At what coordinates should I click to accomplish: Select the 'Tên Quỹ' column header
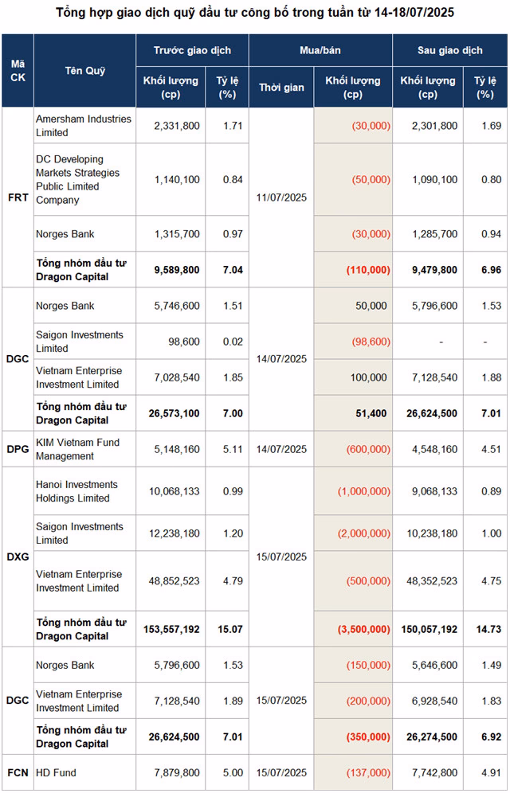(84, 71)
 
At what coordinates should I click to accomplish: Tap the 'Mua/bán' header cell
(320, 50)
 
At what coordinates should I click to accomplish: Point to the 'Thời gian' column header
(281, 88)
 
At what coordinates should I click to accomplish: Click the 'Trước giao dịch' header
(192, 50)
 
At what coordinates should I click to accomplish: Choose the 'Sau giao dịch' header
(449, 50)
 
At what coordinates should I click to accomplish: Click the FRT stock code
(18, 197)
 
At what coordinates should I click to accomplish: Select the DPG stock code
(18, 449)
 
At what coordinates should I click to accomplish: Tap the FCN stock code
(18, 772)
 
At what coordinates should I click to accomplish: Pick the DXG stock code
(18, 557)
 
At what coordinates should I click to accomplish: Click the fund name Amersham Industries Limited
(83, 126)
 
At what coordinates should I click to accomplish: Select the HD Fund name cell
(56, 772)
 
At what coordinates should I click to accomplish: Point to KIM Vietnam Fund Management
(76, 449)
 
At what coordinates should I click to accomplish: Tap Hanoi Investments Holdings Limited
(76, 491)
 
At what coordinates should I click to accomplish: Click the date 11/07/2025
(281, 197)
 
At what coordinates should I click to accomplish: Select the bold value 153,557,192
(171, 629)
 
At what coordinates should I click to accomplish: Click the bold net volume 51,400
(371, 413)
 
